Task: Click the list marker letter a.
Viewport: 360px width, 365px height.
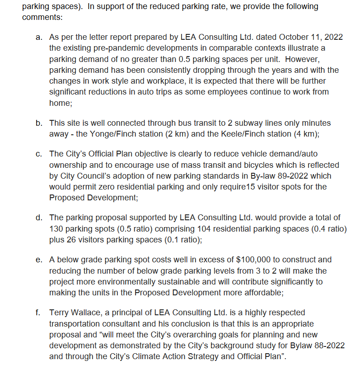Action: pos(38,37)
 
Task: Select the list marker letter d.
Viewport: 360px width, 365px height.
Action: pos(38,218)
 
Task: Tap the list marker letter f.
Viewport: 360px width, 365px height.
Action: pos(39,313)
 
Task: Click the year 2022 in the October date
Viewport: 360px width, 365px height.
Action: pos(333,37)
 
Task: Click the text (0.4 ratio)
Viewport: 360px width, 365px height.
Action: pos(328,229)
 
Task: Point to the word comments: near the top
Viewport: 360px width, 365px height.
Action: pos(42,18)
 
